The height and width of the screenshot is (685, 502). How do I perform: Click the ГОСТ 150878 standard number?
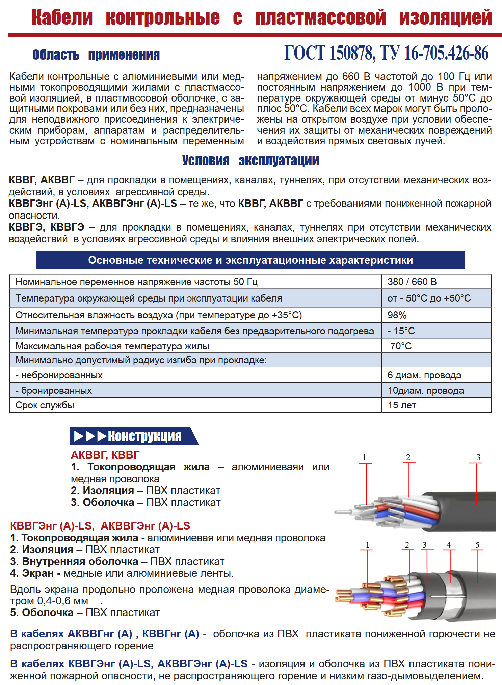click(329, 53)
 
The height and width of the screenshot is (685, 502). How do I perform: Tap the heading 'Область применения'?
click(96, 55)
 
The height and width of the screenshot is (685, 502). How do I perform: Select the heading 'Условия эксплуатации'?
click(250, 161)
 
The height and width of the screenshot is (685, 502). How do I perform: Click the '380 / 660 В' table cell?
click(412, 282)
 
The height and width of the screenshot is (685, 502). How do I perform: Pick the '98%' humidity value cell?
click(397, 315)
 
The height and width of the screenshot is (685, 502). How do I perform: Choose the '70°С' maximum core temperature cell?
click(401, 346)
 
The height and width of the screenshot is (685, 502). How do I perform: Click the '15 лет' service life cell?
click(402, 405)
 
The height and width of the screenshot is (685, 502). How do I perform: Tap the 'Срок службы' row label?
click(45, 405)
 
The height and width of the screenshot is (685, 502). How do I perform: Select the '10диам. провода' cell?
click(426, 390)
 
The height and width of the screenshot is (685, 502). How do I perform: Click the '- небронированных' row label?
click(59, 375)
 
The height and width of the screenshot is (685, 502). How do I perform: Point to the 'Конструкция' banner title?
click(144, 436)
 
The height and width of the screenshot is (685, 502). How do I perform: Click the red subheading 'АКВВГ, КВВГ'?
click(105, 455)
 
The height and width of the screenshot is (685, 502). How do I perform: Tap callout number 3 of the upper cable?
click(478, 457)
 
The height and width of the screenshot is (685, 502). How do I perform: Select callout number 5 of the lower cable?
click(477, 545)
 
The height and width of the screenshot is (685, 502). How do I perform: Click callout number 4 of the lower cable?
click(449, 545)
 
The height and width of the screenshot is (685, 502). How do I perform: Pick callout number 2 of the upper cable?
click(408, 457)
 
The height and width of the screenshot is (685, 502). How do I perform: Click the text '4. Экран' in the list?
click(32, 573)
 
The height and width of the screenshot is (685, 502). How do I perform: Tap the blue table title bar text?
click(250, 260)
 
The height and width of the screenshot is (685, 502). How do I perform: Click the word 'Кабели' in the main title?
click(62, 18)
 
